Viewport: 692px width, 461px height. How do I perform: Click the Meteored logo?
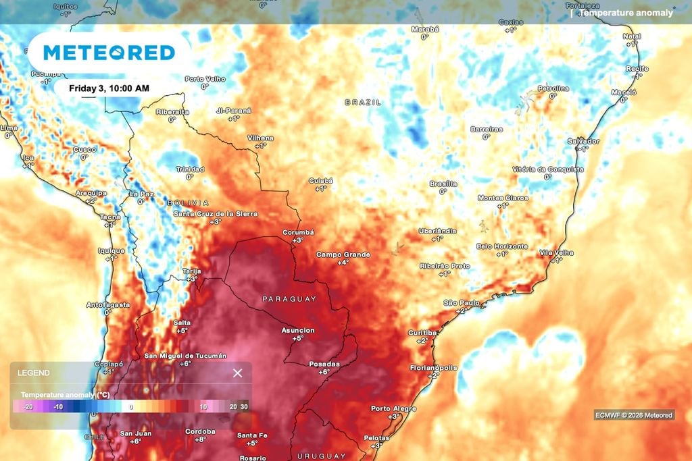point(109,53)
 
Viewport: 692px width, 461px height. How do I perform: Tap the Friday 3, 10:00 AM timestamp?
point(109,88)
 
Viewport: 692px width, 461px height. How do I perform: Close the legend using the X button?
point(237,373)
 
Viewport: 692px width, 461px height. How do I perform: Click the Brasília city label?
point(443,184)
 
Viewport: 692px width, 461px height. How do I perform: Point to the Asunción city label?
point(298,330)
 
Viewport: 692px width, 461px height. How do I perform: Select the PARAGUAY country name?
point(289,298)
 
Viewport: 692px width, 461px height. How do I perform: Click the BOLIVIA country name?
point(189,202)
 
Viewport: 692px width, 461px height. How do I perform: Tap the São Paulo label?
point(461,302)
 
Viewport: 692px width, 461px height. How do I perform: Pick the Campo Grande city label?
point(343,254)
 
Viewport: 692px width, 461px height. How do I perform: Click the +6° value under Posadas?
point(324,372)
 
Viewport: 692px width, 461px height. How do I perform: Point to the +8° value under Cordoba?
point(200,439)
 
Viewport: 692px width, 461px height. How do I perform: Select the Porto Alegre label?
point(393,408)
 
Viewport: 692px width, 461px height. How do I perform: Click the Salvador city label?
point(583,141)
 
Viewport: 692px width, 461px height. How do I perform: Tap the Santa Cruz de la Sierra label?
point(216,213)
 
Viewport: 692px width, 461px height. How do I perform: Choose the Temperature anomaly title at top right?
point(626,12)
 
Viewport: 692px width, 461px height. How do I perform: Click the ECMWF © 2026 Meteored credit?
point(634,415)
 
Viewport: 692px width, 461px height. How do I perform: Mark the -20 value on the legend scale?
point(28,407)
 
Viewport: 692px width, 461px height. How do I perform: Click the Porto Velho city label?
point(205,79)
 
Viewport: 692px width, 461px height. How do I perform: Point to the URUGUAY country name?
point(321,456)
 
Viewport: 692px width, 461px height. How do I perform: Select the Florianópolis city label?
point(433,368)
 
